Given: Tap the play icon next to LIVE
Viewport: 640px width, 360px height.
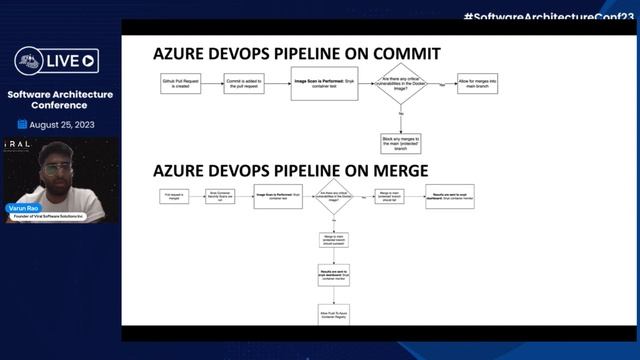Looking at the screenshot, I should click(90, 61).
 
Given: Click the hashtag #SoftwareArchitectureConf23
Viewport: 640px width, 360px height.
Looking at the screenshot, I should click(550, 17).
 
